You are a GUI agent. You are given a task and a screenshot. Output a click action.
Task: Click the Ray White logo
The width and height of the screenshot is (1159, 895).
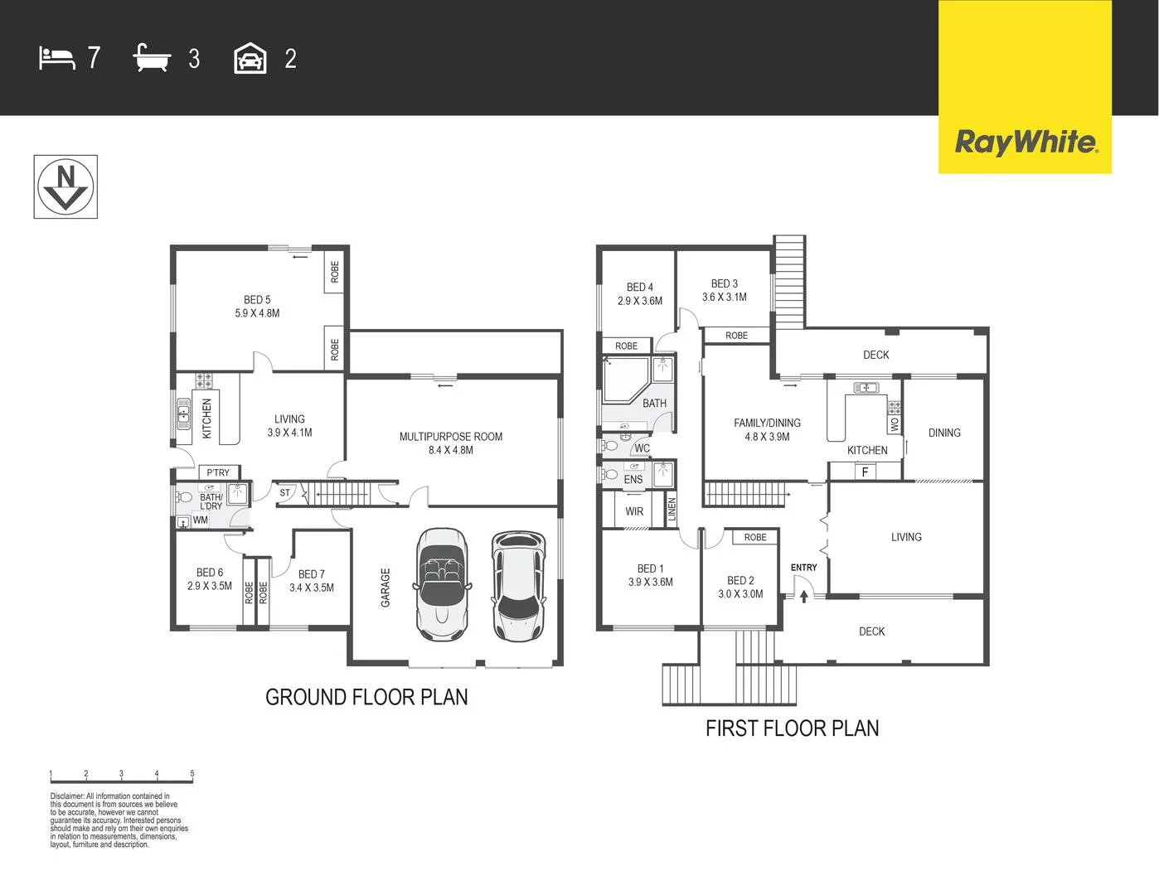[1026, 142]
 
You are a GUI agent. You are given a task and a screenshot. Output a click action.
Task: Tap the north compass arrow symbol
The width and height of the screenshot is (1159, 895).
[65, 186]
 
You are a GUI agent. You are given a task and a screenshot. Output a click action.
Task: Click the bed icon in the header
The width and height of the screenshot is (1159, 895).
[56, 58]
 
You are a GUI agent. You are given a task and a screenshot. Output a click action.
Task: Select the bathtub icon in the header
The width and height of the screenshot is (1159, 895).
[152, 59]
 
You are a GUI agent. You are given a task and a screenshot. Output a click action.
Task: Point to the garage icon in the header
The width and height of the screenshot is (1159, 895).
[250, 59]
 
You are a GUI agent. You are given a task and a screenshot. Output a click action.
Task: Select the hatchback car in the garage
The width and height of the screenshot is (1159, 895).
[518, 586]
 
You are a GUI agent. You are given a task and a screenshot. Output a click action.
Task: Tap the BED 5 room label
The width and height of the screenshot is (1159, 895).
[257, 306]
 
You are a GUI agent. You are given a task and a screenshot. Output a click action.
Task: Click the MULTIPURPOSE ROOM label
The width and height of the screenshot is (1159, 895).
[450, 443]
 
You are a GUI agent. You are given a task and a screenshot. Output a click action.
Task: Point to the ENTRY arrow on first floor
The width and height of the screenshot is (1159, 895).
[803, 594]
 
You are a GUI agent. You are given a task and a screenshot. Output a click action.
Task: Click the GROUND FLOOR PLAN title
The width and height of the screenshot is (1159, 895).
[366, 697]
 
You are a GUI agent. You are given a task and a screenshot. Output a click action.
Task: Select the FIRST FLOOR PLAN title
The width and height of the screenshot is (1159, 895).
[792, 728]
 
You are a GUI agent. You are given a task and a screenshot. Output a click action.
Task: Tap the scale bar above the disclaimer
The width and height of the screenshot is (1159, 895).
[121, 778]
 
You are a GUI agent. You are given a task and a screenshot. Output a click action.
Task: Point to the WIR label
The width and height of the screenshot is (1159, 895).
[634, 511]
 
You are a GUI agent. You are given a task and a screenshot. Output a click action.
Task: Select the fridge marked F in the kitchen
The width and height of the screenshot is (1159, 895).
[865, 472]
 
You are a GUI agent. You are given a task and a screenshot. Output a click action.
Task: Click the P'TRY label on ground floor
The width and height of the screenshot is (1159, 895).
[218, 472]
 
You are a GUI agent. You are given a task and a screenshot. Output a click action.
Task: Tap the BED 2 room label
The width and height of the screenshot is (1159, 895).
[740, 587]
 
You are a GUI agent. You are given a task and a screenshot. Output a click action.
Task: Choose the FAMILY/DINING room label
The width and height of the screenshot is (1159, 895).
[767, 429]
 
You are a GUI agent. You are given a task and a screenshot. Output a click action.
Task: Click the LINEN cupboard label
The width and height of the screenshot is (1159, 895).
[672, 509]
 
